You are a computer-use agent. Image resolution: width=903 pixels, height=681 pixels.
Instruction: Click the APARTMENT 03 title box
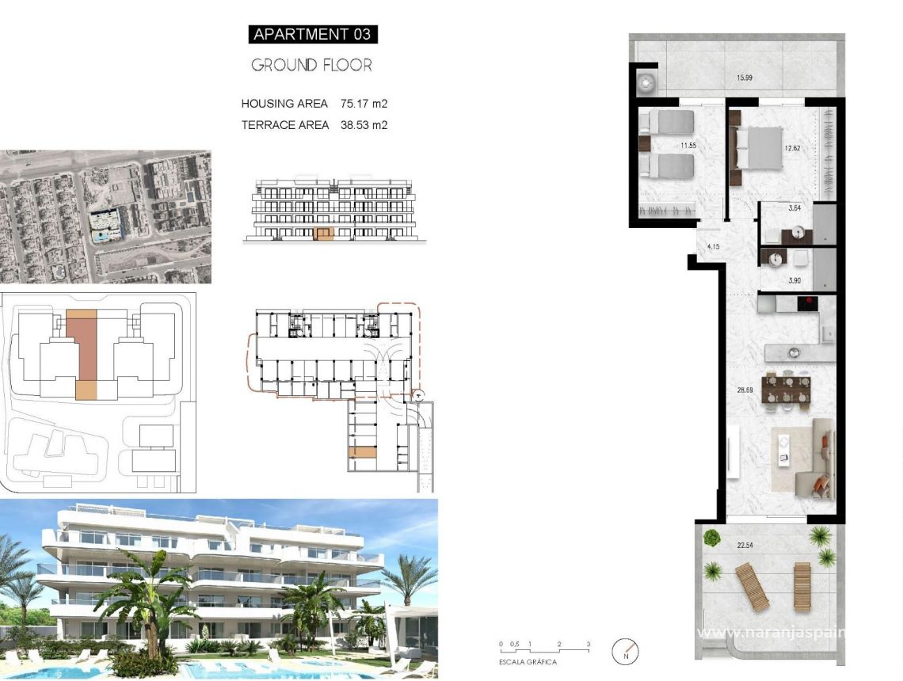point(313,34)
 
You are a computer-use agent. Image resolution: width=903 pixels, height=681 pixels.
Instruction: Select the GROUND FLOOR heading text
point(311,65)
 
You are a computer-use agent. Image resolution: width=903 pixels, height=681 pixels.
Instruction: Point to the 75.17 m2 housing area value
point(364,104)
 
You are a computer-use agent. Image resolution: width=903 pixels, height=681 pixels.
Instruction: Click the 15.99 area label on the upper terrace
point(745,78)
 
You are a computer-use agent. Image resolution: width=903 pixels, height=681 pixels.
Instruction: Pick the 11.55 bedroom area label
point(688,146)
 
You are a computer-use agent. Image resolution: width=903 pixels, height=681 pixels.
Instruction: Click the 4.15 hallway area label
point(713,247)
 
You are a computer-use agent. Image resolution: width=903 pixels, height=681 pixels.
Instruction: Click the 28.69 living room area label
point(745,390)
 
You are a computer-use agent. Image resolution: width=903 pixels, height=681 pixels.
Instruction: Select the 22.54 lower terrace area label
point(745,544)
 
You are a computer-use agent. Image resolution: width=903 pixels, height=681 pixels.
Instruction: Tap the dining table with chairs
point(786,389)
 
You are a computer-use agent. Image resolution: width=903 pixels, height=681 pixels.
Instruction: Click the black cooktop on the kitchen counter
point(807,302)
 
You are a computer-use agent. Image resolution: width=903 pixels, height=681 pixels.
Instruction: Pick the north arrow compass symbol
point(626,652)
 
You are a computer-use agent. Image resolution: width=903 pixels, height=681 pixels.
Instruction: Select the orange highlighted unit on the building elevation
point(324,233)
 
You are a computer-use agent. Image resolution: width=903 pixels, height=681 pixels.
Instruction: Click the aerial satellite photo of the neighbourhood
point(105,217)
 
